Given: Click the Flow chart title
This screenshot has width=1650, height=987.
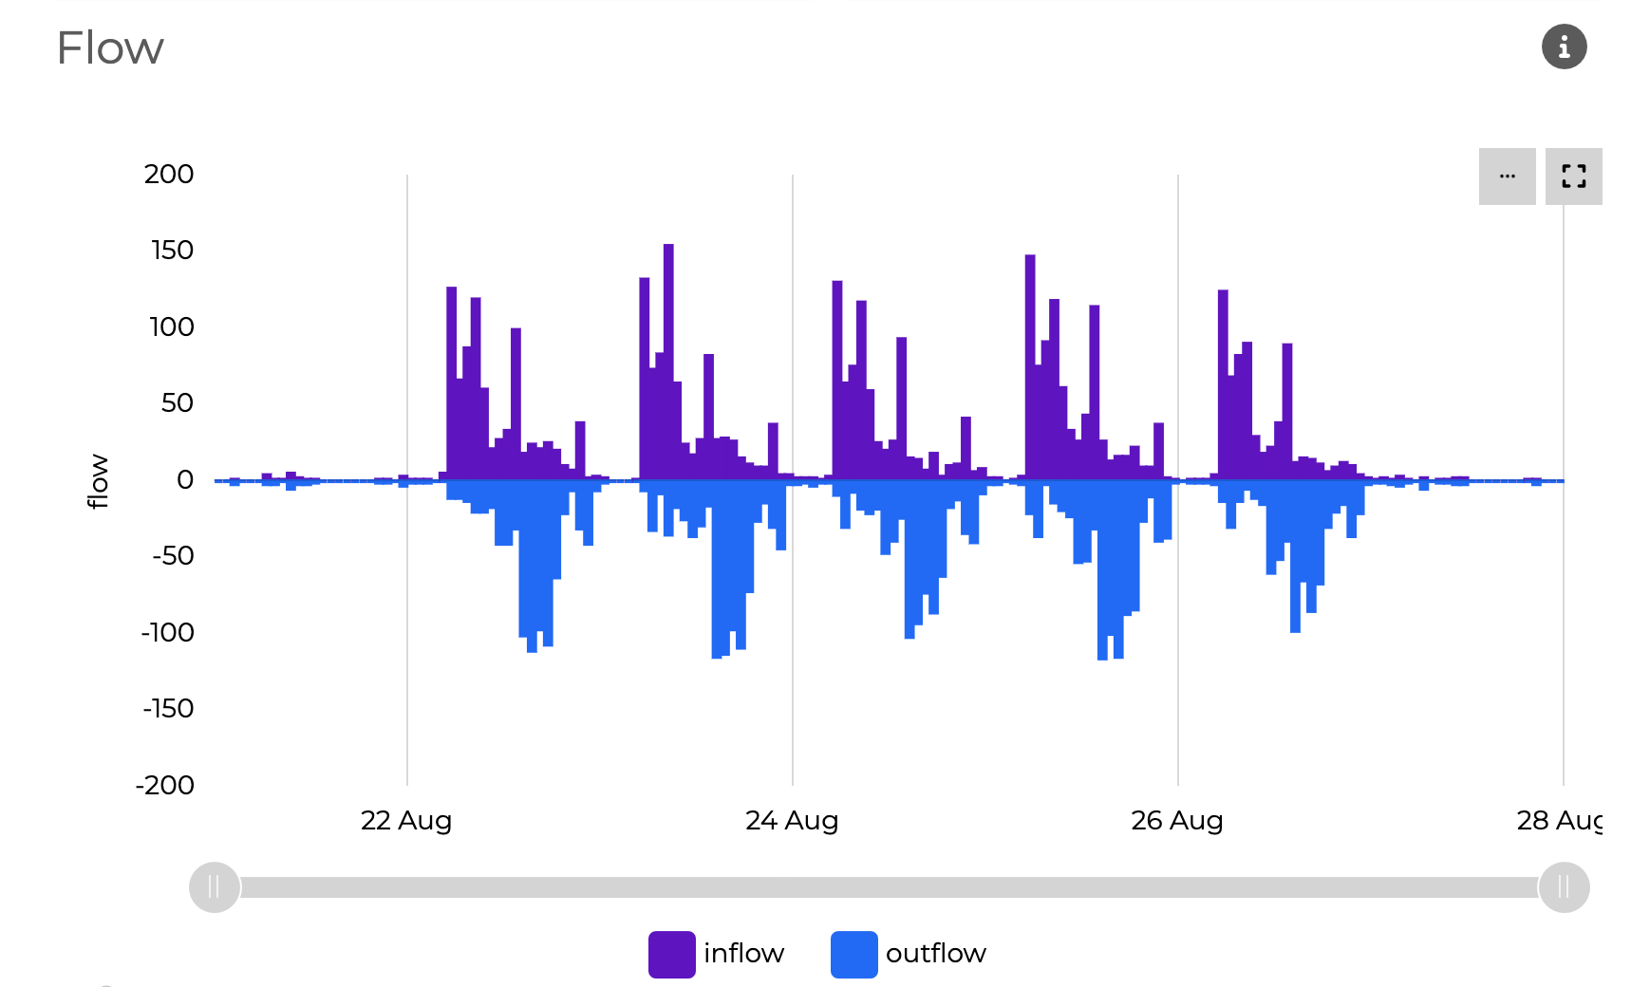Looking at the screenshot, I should point(110,48).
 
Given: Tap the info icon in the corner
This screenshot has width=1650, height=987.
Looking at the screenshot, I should point(1564,47).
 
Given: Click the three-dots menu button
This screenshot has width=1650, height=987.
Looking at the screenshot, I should point(1507,177).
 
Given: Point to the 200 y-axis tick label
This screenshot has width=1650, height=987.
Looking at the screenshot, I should point(169,175).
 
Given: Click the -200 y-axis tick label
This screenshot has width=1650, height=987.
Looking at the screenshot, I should point(165,786).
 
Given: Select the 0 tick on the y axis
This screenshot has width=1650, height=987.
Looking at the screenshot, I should point(185,480).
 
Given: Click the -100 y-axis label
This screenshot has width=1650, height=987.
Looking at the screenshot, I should point(168,633).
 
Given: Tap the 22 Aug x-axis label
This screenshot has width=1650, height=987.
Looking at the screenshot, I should point(406,821).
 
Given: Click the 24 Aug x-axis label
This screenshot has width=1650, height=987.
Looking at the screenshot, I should point(792,821).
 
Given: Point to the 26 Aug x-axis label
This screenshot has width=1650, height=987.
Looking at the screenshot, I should point(1176,821).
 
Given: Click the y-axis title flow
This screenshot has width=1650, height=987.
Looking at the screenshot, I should point(98,481).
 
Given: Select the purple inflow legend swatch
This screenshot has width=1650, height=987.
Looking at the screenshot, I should point(671,954).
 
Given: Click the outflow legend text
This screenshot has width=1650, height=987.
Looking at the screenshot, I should point(935,954).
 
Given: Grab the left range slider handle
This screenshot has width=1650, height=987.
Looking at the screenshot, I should point(215,887).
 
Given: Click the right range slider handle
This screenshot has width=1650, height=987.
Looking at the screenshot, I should point(1564,887).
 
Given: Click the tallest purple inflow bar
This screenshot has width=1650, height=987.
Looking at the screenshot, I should point(668,361).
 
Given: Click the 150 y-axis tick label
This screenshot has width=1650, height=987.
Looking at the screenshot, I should point(172,251).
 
